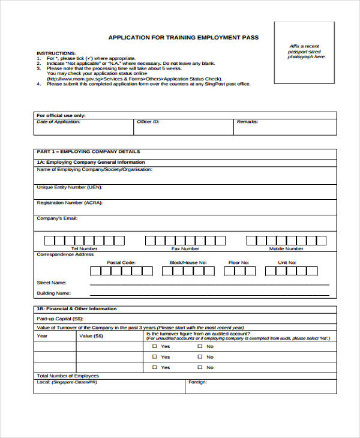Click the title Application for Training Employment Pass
[x=183, y=37]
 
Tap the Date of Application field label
[x=58, y=122]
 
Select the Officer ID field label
[x=148, y=122]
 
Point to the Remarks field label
[x=247, y=122]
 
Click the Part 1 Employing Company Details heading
[x=88, y=152]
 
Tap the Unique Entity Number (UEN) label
[x=70, y=187]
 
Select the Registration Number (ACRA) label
[x=70, y=203]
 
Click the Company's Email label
[x=57, y=218]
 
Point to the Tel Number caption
[x=84, y=248]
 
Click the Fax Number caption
[x=185, y=248]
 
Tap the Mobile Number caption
[x=286, y=248]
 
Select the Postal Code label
[x=121, y=263]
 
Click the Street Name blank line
[x=209, y=283]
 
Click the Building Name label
[x=54, y=293]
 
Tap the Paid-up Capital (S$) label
[x=60, y=319]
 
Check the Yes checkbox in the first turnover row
[x=154, y=347]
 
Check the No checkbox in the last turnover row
[x=200, y=367]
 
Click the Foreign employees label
[x=197, y=382]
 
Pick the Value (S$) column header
[x=91, y=336]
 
